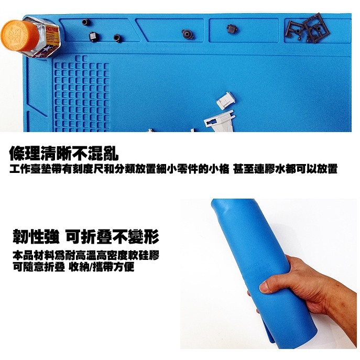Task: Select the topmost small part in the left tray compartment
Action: (x=84, y=23)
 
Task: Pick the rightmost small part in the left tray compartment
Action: (x=116, y=38)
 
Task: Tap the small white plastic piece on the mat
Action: (x=226, y=99)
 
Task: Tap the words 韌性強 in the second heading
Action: (x=36, y=237)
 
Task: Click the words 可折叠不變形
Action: (x=112, y=237)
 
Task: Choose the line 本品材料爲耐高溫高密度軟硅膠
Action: (x=86, y=256)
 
